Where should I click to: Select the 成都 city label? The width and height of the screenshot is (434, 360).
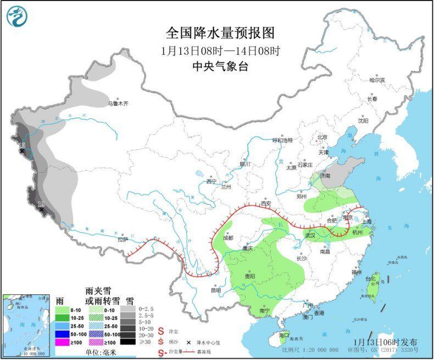pyautogui.click(x=227, y=238)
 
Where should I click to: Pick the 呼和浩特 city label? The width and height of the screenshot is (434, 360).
pyautogui.click(x=283, y=140)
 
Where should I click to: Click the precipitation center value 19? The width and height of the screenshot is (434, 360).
pyautogui.click(x=41, y=205)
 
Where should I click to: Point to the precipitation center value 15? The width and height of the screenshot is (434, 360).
pyautogui.click(x=21, y=145)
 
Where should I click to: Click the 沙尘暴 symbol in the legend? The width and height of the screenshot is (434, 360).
pyautogui.click(x=162, y=352)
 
